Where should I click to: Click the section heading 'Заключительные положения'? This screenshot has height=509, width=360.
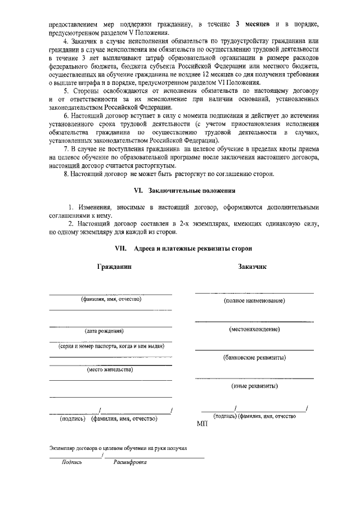[195, 191]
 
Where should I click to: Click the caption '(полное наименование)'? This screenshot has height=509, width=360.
[254, 301]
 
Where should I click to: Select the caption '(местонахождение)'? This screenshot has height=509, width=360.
[254, 328]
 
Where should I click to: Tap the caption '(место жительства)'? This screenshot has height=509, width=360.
[110, 370]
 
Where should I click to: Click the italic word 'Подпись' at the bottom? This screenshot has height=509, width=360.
[72, 462]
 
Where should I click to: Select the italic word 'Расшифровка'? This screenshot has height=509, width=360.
[130, 462]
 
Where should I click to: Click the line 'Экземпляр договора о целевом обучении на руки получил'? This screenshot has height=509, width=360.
[118, 448]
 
